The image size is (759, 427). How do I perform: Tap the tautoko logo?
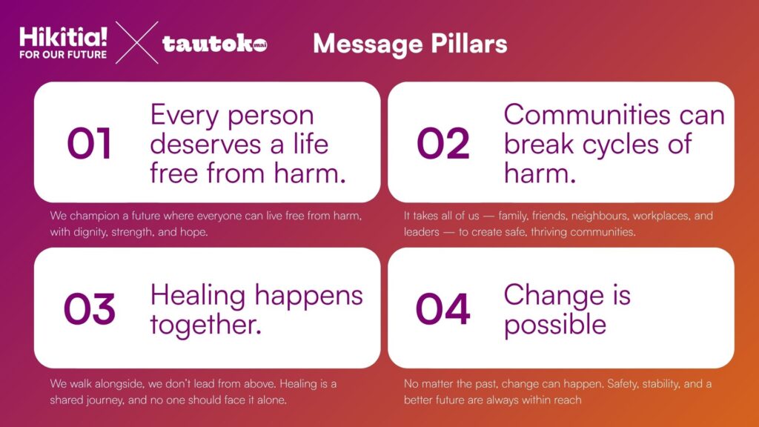pos(214,44)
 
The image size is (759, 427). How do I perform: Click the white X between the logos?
pos(137,42)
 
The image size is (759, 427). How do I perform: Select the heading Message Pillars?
pos(410,44)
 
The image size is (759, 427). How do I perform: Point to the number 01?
pos(89,143)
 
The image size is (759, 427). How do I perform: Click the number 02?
pos(443,143)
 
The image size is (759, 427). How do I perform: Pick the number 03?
pos(90,309)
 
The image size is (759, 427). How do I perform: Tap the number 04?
pos(443,309)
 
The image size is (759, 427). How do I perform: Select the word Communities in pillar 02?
pos(587,115)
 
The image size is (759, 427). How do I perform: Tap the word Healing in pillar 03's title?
pos(197,297)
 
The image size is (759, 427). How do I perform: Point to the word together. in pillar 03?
pos(206,325)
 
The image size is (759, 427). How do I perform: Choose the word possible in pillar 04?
pos(554,325)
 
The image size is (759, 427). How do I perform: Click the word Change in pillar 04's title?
pos(554,297)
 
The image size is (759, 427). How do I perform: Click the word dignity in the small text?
pos(90,232)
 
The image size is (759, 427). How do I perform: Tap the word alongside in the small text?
pos(119,384)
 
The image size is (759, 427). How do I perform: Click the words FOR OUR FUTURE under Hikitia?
pos(63,55)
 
